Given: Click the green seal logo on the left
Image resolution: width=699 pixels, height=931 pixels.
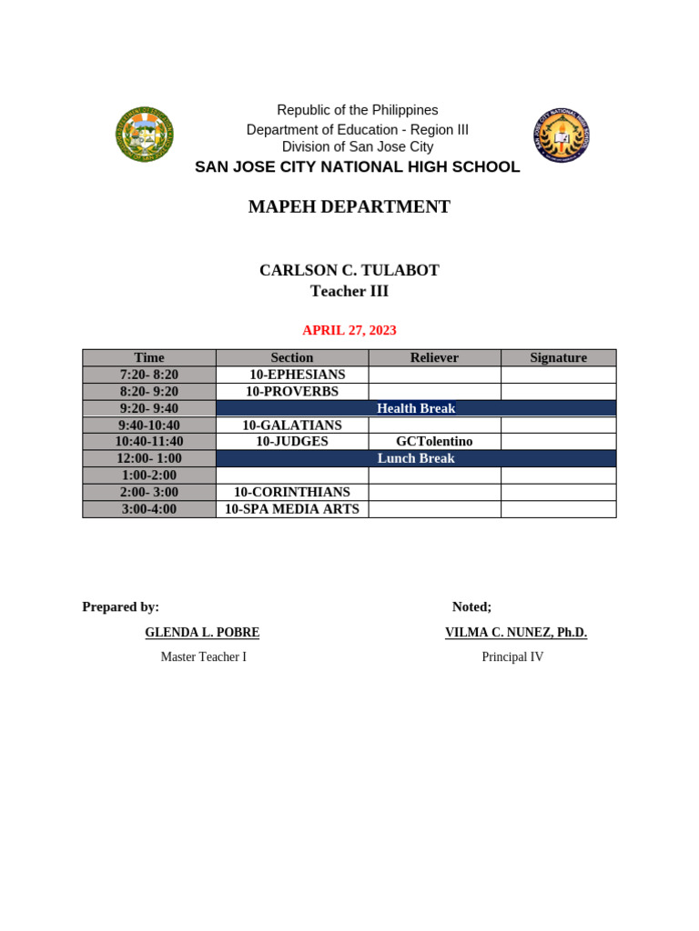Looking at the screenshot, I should point(144,135).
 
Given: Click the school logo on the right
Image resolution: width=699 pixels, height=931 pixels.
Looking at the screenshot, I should point(561,135).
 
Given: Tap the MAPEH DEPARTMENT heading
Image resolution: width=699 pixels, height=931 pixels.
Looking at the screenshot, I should point(349,206).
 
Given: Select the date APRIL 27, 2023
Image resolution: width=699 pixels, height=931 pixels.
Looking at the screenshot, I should point(349,330).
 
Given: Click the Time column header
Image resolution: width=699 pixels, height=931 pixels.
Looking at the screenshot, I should point(149,358).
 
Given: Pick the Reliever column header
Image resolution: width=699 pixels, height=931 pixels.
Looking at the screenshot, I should point(434,358).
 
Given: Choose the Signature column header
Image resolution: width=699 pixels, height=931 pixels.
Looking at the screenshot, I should point(558,358).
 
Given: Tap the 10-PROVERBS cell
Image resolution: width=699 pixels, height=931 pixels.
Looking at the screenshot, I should point(291,391).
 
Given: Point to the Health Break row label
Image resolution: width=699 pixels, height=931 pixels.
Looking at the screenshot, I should point(416,408).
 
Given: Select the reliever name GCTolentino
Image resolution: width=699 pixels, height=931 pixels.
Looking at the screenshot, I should point(434,441).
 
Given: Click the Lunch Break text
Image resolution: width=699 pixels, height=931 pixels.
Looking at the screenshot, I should point(416,458).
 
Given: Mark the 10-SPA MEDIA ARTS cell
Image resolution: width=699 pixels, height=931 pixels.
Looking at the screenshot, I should point(291,509).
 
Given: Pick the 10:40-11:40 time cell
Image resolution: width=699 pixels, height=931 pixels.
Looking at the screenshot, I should point(149,441).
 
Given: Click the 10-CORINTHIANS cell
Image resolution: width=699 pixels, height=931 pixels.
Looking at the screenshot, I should point(291,492).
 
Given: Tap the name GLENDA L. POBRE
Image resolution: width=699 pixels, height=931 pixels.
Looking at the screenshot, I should point(202,633).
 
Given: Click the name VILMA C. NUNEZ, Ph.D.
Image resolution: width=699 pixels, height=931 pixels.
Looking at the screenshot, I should point(515,633).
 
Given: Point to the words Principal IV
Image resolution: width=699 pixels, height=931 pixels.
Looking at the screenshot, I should point(512,656).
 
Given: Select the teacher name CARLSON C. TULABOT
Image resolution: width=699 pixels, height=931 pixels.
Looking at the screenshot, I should point(349,270).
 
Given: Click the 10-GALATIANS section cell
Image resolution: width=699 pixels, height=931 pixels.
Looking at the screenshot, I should point(291,425).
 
